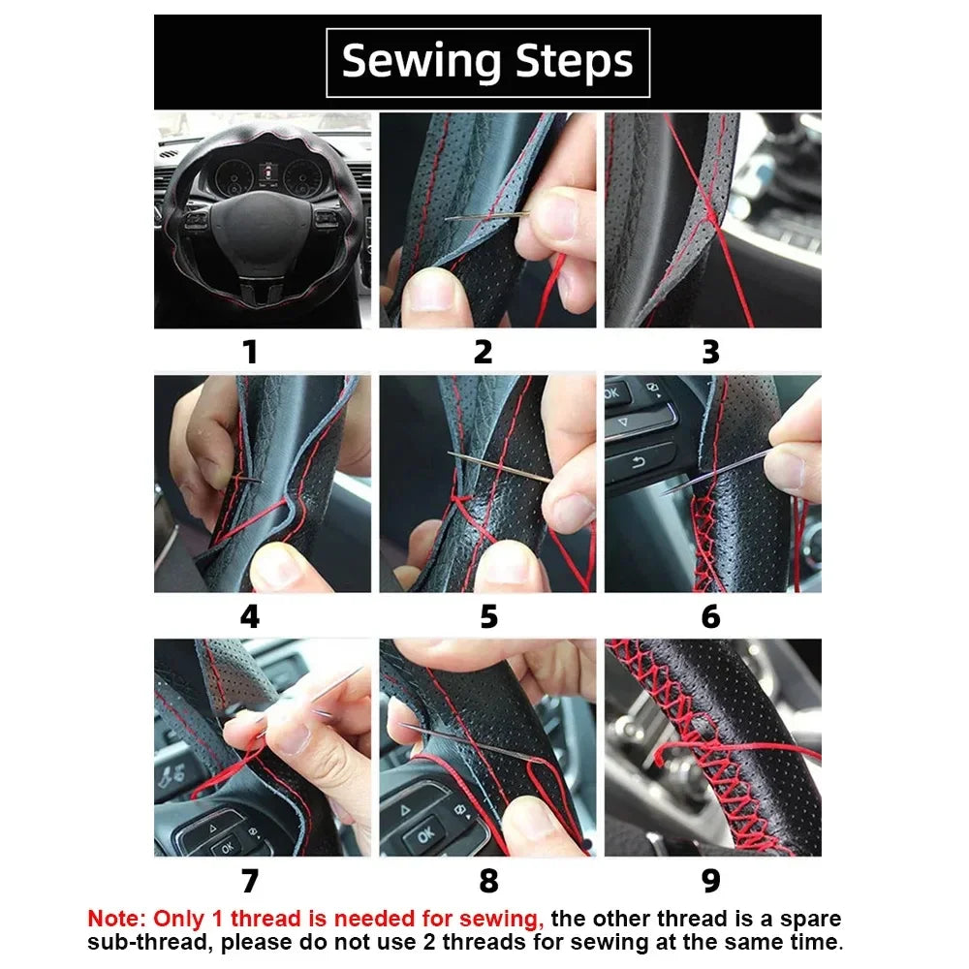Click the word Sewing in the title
[x=422, y=62]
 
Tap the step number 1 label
[x=250, y=352]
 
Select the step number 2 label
[x=483, y=352]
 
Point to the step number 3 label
[x=711, y=352]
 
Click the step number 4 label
[x=250, y=616]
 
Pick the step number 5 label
[x=488, y=616]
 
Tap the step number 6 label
[x=711, y=616]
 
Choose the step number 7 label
[x=250, y=881]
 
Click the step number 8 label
[x=488, y=881]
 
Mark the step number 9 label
[x=711, y=881]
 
